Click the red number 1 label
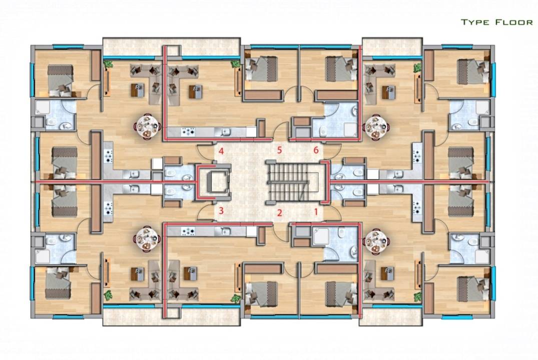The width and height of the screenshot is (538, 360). [x=316, y=211]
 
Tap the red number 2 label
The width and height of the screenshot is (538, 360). [x=280, y=212]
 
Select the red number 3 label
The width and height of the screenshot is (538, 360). [x=221, y=210]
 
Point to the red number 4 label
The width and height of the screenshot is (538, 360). [x=221, y=150]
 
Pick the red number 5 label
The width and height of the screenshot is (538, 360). [x=280, y=150]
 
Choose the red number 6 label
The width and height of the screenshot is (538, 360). [x=316, y=150]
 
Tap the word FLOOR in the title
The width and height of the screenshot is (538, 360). [x=513, y=22]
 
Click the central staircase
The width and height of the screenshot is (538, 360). [x=294, y=180]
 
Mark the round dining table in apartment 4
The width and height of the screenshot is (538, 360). [x=148, y=126]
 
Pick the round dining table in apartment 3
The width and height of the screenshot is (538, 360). [x=148, y=238]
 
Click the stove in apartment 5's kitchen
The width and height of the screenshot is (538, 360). [x=188, y=131]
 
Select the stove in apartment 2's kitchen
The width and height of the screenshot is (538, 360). [x=188, y=231]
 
